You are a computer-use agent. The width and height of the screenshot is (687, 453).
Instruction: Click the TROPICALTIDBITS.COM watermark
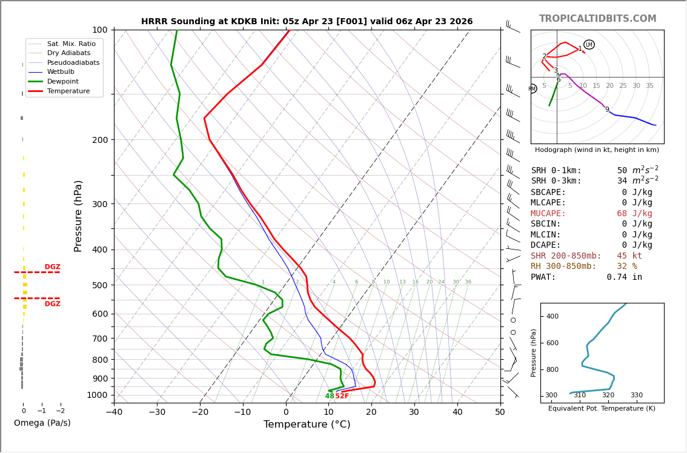point(597,19)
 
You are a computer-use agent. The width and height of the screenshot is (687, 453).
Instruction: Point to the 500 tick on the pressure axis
point(99,285)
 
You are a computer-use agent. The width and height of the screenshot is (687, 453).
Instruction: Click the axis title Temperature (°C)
point(307,425)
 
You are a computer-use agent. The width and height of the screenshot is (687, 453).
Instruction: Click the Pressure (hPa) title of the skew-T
point(78,216)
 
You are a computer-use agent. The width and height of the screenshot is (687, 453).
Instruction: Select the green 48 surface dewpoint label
point(330,396)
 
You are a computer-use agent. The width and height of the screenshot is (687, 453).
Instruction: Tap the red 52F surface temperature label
point(342,396)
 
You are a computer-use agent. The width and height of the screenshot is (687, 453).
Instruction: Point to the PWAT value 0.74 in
point(624,277)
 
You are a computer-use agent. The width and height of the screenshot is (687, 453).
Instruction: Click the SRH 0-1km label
point(556,171)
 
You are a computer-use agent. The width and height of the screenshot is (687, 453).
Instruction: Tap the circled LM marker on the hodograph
point(589,45)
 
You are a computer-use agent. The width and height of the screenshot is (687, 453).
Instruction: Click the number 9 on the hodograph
point(607,110)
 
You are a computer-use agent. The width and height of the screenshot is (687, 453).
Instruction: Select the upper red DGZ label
point(52,267)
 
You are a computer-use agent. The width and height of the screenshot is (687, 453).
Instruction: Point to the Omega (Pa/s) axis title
point(42,423)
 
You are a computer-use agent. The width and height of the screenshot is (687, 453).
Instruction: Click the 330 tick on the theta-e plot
point(636,395)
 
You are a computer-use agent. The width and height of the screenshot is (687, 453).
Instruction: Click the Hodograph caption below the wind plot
point(597,150)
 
